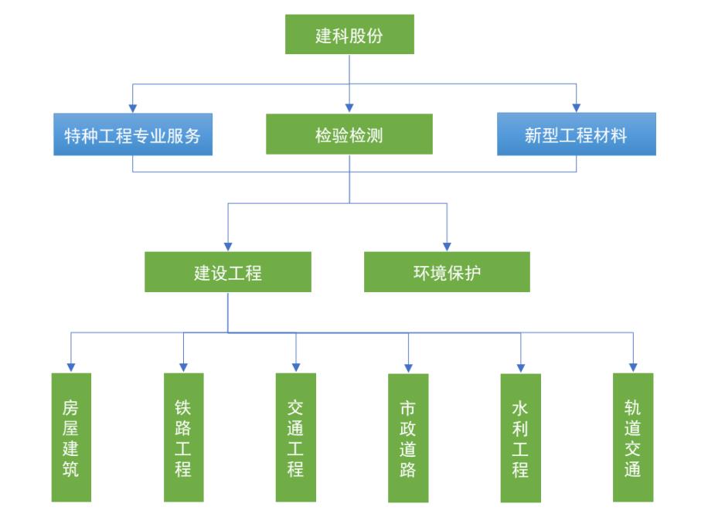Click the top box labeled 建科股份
point(349,35)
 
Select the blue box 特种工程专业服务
point(133,134)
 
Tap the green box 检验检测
point(349,134)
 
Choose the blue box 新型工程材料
point(576,134)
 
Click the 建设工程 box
point(228,272)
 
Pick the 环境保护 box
point(447,272)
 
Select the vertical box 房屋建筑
point(71,437)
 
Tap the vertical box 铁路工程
point(183,437)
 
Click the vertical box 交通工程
point(296,437)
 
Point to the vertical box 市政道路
point(408,438)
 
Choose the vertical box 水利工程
point(520,438)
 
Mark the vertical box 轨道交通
point(633,437)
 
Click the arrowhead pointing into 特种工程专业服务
point(133,107)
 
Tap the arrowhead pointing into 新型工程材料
point(576,107)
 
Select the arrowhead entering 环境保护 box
point(447,246)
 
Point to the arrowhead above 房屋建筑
point(71,367)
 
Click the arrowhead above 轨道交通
point(633,367)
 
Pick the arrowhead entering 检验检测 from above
point(349,107)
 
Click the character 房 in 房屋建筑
point(71,407)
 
